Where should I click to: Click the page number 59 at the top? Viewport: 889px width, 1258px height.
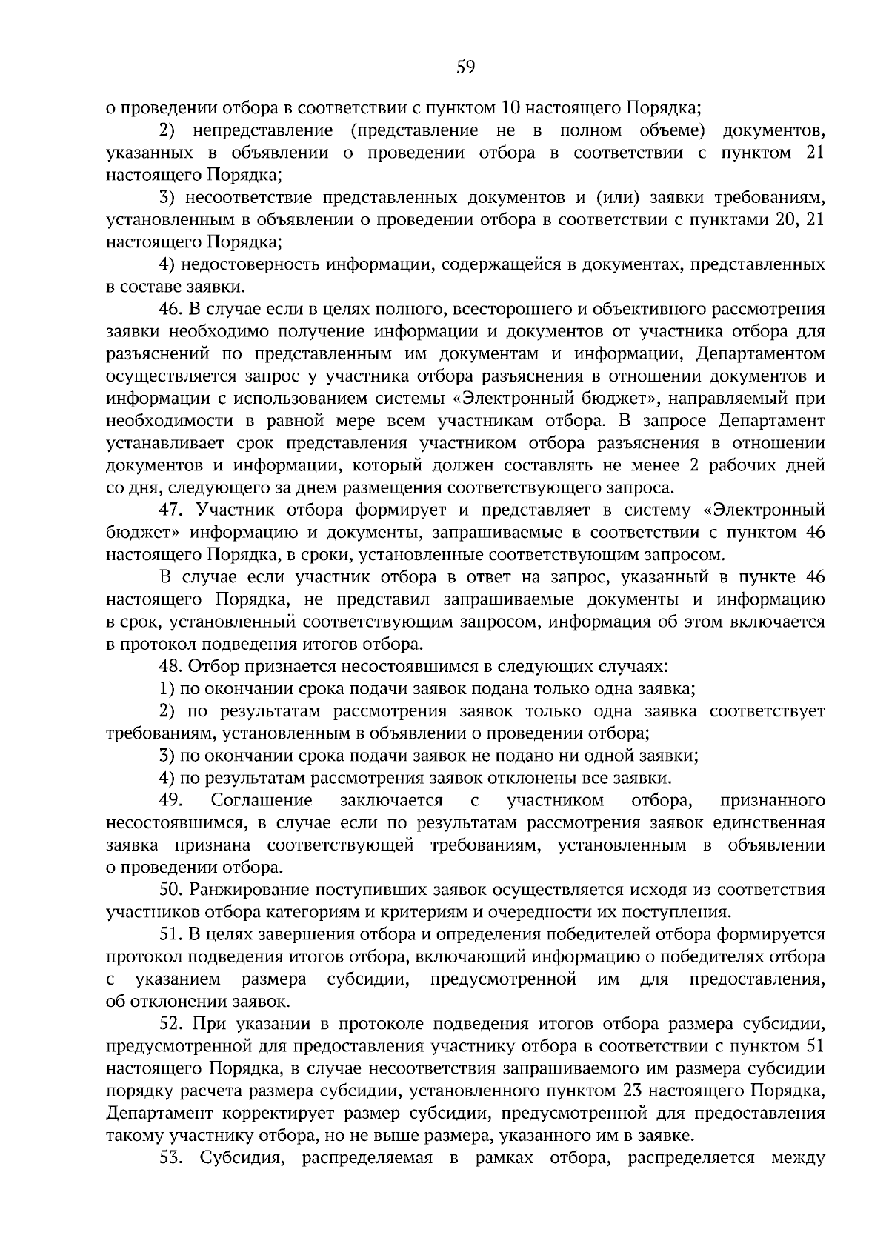[x=465, y=68]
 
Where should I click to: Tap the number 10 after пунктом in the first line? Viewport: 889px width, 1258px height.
[x=510, y=108]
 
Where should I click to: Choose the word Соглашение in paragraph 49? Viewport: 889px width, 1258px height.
[x=262, y=800]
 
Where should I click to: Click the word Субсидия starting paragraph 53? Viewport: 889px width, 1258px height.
[x=241, y=1158]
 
